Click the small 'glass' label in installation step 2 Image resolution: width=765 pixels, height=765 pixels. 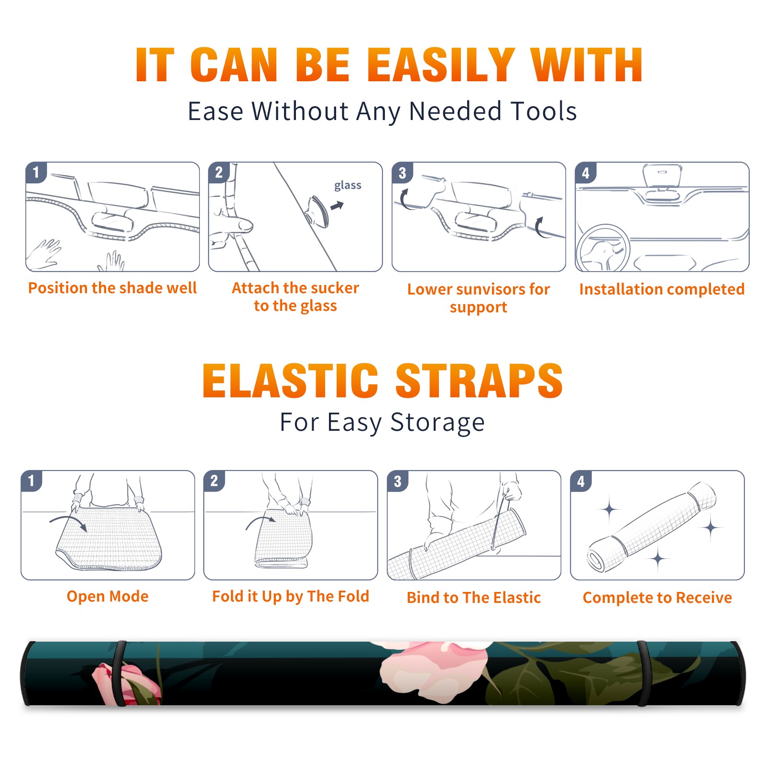348,186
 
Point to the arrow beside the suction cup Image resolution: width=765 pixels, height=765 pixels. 337,206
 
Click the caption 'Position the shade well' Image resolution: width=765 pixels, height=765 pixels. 112,288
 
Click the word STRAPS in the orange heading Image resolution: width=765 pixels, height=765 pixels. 479,381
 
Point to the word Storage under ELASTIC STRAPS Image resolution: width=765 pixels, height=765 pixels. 437,423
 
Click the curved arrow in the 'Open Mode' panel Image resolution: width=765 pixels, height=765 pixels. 69,521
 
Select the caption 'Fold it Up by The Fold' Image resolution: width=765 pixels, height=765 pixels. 291,596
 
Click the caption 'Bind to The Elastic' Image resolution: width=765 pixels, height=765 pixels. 474,598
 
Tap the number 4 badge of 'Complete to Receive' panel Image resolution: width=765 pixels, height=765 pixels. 581,481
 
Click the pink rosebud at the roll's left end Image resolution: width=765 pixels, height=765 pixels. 125,684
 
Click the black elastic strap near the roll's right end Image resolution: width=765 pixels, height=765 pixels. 643,673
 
